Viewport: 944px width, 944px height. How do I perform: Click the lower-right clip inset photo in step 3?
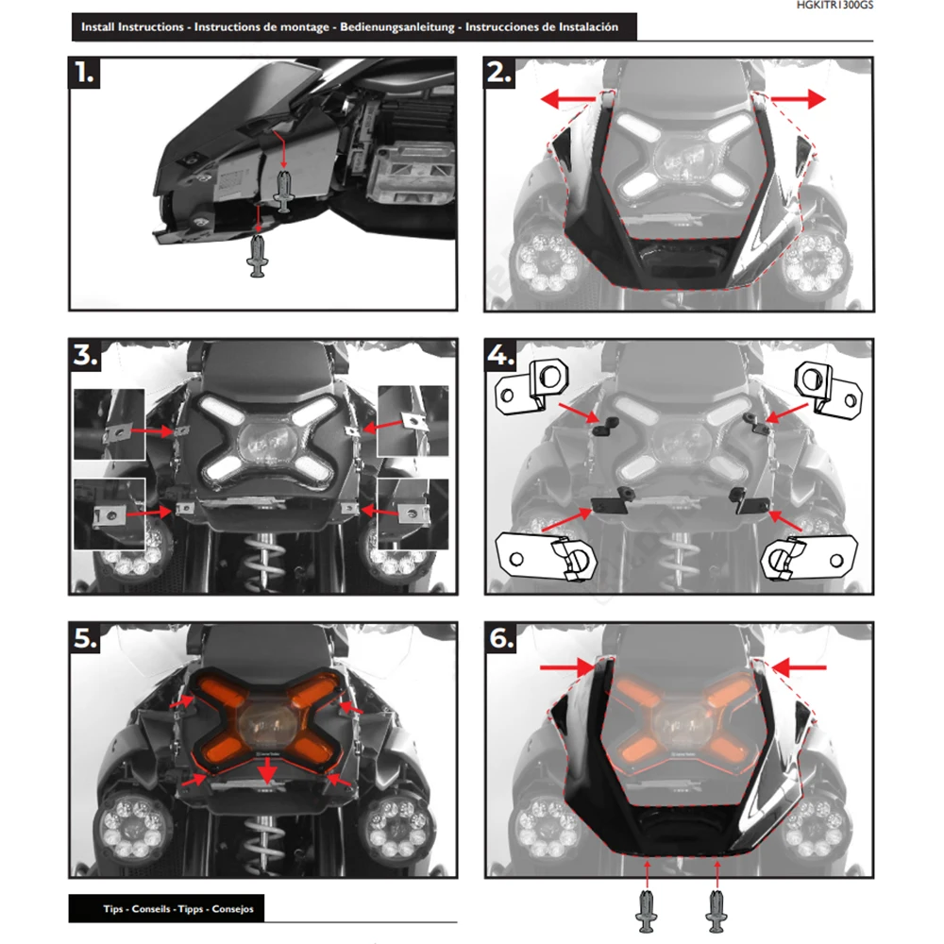pos(413,513)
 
